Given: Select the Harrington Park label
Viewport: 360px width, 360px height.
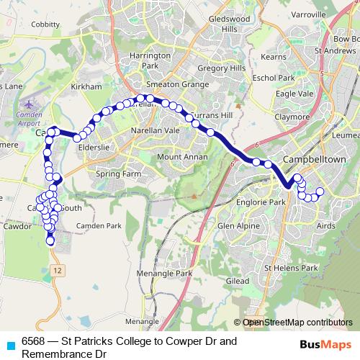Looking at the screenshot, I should point(150,60).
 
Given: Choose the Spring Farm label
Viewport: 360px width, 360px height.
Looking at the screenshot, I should point(116,174).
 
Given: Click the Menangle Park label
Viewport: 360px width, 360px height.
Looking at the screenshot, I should point(168,273).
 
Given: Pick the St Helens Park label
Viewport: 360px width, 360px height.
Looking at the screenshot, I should point(291,268).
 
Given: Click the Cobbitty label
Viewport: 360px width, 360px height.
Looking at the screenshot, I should point(45,24).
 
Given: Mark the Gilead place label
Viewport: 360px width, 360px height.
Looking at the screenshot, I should point(238,279).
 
